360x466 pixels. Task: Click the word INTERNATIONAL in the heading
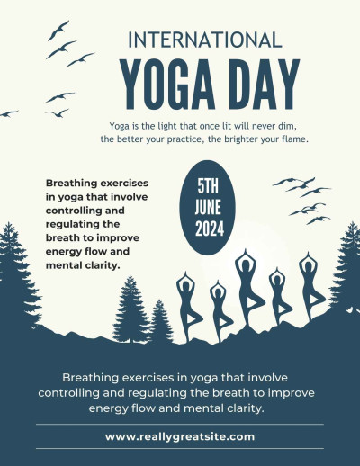(205, 40)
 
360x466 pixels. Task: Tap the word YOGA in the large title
(162, 83)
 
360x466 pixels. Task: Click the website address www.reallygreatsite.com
(180, 436)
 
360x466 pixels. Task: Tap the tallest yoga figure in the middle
(245, 288)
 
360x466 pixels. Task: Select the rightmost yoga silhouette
(308, 288)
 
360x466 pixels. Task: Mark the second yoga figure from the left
(218, 310)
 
